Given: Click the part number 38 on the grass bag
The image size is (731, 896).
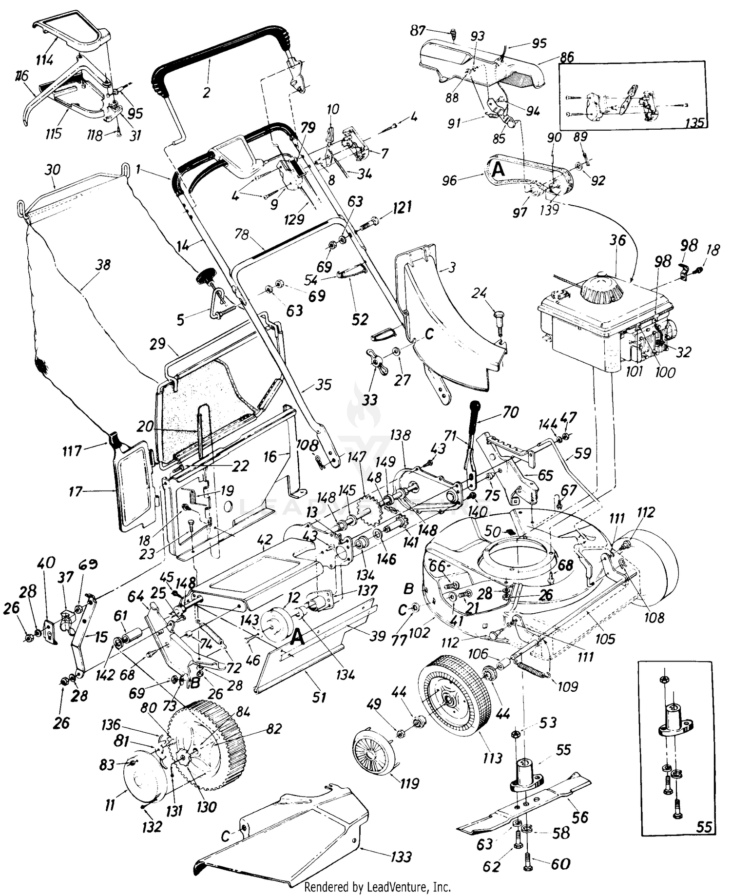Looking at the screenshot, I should [103, 265].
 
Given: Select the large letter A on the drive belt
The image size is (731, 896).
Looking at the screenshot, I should [498, 170].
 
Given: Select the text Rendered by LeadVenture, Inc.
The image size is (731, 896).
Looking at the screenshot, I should [377, 886].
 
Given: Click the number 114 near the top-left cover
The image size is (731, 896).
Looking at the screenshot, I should [44, 60].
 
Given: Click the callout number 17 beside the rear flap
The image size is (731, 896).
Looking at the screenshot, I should [76, 491].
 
